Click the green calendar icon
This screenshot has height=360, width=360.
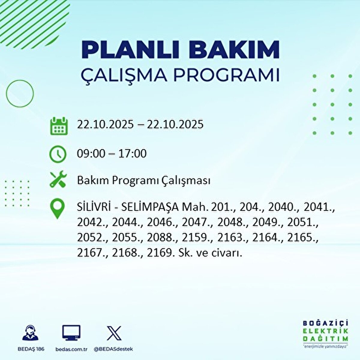(58, 126)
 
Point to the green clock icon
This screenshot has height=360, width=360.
(58, 154)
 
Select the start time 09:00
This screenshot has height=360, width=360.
(91, 154)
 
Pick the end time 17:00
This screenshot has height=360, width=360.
(132, 154)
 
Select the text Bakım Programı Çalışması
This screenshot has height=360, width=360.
(143, 181)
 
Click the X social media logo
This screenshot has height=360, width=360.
(114, 333)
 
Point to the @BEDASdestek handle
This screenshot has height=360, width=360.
(113, 349)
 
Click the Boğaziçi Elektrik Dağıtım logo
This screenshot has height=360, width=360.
(325, 334)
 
